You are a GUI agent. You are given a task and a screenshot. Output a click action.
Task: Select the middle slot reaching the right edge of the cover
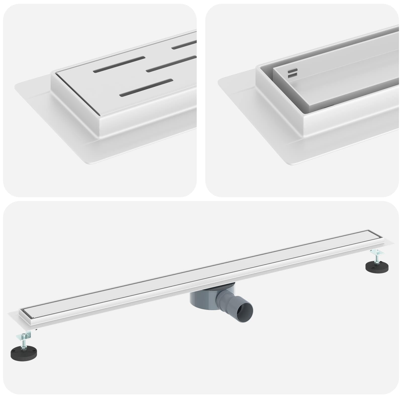click(x=171, y=63)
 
